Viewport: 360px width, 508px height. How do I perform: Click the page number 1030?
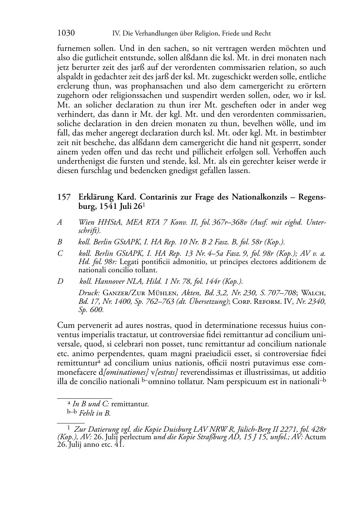[x=66, y=33]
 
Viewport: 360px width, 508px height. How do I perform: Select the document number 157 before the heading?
[x=63, y=197]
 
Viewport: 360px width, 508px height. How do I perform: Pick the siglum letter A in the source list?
[x=60, y=222]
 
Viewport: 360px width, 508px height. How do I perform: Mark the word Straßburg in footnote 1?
[x=211, y=437]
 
